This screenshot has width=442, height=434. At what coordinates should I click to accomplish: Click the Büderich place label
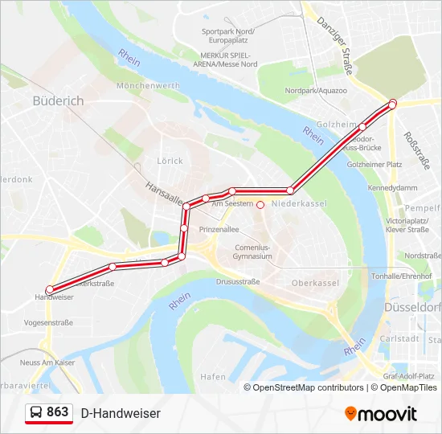[x=58, y=100]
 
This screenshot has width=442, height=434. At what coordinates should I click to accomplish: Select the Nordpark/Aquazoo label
[x=316, y=91]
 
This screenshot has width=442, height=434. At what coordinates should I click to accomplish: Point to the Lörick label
[x=170, y=161]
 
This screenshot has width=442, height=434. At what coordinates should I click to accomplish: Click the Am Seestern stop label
[x=232, y=204]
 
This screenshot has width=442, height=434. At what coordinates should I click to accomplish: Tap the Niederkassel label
[x=299, y=204]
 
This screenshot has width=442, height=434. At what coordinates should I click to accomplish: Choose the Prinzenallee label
[x=219, y=228]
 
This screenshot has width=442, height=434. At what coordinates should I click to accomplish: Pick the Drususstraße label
[x=238, y=282]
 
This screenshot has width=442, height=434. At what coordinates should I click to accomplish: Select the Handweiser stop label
[x=54, y=297]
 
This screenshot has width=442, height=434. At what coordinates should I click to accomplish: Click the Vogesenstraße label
[x=49, y=322]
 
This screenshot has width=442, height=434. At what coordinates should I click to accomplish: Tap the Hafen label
[x=213, y=376]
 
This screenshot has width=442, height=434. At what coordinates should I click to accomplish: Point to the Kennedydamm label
[x=393, y=187]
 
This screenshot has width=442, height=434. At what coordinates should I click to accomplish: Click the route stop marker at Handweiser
[x=50, y=289]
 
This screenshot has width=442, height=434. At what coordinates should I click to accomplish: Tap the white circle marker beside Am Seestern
[x=260, y=204]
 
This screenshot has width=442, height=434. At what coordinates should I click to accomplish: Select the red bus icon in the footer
[x=37, y=412]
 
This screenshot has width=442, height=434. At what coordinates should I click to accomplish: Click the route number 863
[x=58, y=411]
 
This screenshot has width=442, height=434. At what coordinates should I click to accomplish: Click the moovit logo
[x=381, y=414]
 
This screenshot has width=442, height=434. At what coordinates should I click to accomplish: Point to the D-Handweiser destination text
[x=121, y=413]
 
